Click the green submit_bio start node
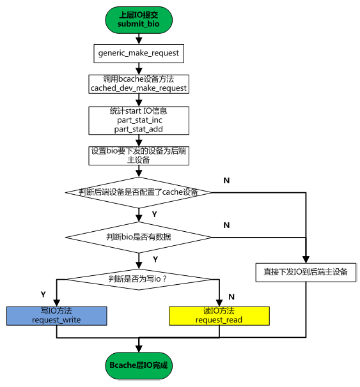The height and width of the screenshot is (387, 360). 138,19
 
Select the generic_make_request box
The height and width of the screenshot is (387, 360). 138,53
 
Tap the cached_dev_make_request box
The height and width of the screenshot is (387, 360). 139,84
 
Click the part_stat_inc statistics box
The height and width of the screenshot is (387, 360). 139,120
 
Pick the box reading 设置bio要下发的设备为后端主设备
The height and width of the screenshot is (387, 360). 139,155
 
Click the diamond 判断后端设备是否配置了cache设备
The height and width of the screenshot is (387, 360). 139,192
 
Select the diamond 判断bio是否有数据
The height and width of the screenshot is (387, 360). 139,236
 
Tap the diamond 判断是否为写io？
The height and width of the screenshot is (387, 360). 139,278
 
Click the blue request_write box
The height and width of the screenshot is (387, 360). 56,315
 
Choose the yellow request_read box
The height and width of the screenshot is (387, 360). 219,315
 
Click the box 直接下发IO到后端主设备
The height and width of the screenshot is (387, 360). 306,271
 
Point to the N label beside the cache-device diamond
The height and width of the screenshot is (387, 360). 226,181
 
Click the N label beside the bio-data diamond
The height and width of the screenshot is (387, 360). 226,225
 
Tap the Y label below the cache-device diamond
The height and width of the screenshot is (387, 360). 154,214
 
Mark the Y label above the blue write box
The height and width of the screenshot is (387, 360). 43,294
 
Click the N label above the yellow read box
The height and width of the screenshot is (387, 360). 231,297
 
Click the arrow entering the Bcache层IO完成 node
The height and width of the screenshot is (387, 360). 139,345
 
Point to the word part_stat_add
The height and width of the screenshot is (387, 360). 139,129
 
